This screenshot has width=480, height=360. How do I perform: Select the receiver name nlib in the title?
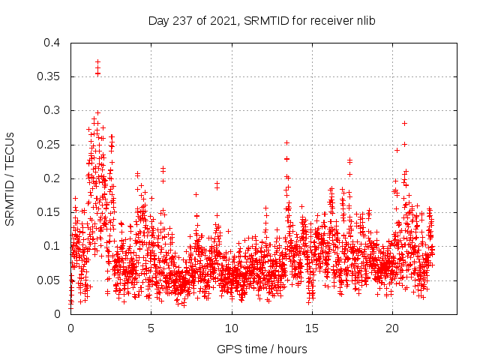(364, 21)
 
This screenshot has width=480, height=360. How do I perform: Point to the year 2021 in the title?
(214, 21)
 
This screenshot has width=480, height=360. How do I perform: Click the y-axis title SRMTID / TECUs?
(10, 178)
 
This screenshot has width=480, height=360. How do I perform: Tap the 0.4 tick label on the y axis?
(52, 43)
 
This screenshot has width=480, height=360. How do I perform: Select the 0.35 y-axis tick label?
(49, 76)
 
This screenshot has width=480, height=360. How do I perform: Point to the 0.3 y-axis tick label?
(52, 110)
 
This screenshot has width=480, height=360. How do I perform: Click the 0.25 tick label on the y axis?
(49, 145)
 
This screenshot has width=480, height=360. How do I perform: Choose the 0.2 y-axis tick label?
(52, 178)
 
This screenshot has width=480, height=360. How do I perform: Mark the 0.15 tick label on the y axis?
(49, 212)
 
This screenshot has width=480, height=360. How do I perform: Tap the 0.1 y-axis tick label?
(52, 246)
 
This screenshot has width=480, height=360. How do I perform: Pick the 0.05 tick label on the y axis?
(49, 280)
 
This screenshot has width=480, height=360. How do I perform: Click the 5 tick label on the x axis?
(151, 328)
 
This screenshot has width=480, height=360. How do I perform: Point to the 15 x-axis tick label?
(312, 328)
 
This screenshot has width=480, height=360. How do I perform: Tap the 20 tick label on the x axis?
(392, 328)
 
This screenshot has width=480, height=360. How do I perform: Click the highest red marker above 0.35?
(97, 61)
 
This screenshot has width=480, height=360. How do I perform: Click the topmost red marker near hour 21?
(404, 123)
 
